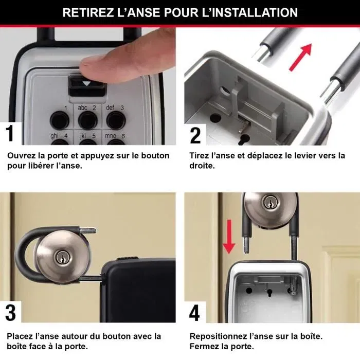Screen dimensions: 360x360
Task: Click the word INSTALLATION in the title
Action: (x=257, y=12)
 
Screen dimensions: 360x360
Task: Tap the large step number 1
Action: (x=10, y=133)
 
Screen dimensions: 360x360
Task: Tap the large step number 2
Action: (x=195, y=134)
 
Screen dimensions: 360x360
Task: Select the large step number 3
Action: (x=10, y=313)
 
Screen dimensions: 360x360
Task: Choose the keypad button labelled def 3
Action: (x=115, y=121)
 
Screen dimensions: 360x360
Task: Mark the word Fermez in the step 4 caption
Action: (x=204, y=347)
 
